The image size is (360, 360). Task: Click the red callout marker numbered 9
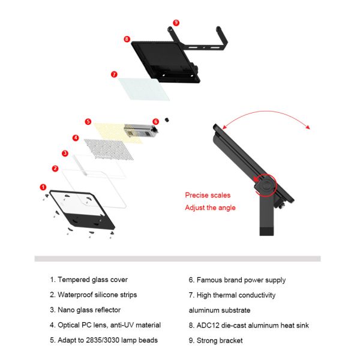tap(176, 23)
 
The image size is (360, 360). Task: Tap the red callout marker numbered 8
tap(127, 39)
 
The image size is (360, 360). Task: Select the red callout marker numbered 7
tap(114, 74)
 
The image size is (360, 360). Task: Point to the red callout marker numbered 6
tap(155, 121)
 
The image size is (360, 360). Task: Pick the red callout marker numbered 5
tap(88, 121)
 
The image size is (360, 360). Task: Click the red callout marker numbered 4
tap(76, 138)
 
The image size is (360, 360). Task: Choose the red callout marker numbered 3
tap(65, 153)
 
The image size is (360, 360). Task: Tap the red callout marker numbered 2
tap(55, 169)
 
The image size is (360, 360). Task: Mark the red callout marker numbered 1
tap(43, 187)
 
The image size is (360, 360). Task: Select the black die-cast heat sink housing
tap(166, 62)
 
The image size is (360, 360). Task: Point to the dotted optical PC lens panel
tap(109, 149)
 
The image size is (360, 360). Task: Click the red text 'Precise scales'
tap(208, 195)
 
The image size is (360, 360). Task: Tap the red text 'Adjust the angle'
tap(211, 208)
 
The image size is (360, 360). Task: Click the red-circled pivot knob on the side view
tap(266, 184)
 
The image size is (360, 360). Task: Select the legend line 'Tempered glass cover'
tap(89, 280)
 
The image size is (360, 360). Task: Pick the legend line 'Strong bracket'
tap(215, 340)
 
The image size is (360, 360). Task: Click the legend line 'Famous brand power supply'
tap(237, 280)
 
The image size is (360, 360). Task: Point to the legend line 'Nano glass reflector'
tap(85, 310)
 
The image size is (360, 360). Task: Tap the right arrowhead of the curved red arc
tap(308, 127)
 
